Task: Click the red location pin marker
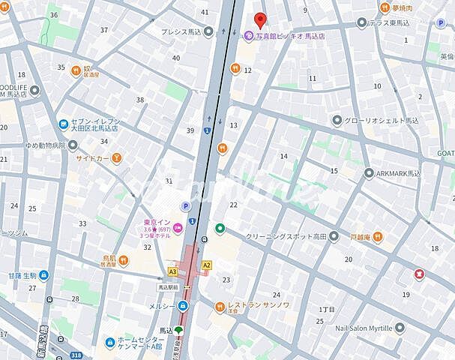[260, 20]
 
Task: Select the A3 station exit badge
[173, 271]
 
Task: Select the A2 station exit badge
[207, 265]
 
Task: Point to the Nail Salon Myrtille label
[355, 327]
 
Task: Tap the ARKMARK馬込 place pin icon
[368, 173]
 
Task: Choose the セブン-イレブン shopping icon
[64, 124]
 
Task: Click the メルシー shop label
[162, 306]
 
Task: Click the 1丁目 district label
[327, 309]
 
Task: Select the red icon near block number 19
[418, 274]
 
